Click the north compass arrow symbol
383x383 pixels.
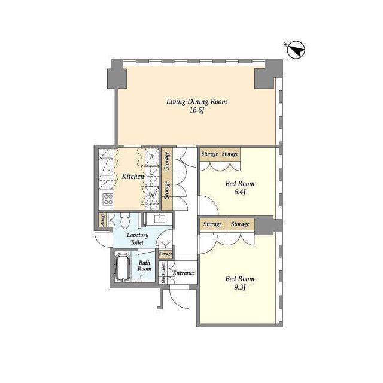click(296, 50)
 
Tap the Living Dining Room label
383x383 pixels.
click(197, 102)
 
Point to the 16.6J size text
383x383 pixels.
click(197, 110)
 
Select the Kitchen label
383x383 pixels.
click(133, 177)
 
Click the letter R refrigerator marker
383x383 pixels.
click(152, 157)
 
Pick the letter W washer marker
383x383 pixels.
click(152, 196)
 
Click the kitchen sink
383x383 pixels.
click(107, 166)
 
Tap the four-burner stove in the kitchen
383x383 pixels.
click(108, 199)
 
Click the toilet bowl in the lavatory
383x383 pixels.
click(125, 221)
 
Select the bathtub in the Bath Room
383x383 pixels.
click(122, 268)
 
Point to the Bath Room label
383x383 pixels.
click(144, 266)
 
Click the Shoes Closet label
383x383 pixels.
click(163, 273)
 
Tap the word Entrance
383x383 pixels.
click(184, 273)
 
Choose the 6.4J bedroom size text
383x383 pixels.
click(239, 192)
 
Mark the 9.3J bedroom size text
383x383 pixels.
click(239, 287)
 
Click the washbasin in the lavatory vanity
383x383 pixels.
click(160, 218)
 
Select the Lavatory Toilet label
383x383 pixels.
click(138, 239)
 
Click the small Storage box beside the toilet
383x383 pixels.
click(102, 220)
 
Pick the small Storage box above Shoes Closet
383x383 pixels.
click(165, 254)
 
